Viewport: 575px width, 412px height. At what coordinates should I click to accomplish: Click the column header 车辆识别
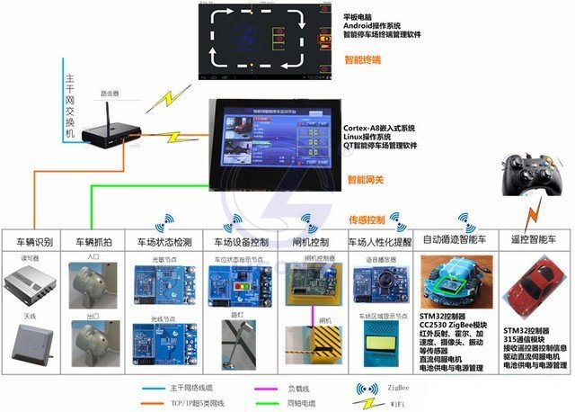pos(34,242)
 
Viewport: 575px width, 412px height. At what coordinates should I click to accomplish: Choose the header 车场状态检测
pos(164,242)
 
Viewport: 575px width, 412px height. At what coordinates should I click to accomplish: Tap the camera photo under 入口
pos(93,282)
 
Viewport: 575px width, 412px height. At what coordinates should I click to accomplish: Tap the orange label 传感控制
pos(367,219)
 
